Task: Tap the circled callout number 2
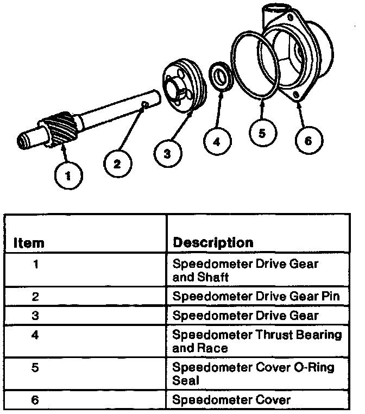point(117,162)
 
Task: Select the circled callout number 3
point(167,154)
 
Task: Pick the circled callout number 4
point(216,142)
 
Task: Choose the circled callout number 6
point(307,140)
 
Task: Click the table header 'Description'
point(212,242)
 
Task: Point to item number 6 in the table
point(35,400)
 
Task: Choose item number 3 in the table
point(35,315)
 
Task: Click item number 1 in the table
point(35,265)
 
